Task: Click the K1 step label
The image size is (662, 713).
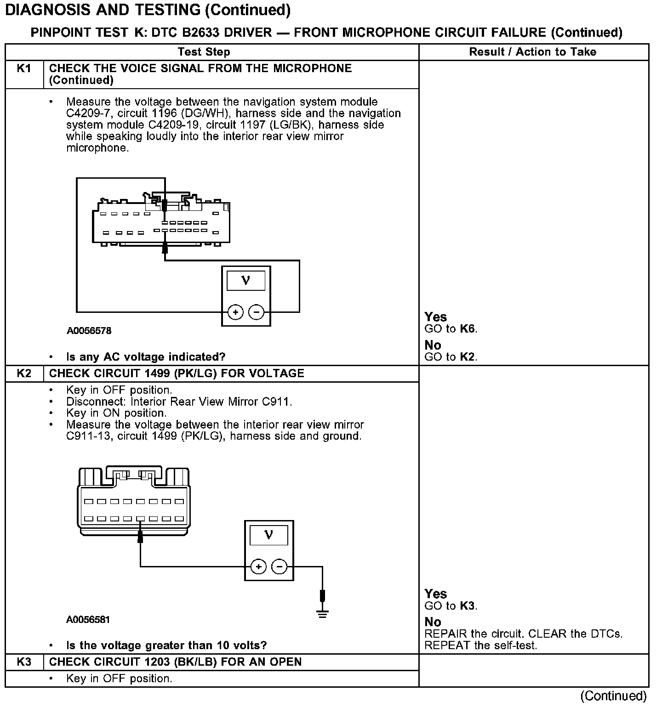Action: [24, 68]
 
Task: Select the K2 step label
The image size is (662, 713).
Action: [24, 373]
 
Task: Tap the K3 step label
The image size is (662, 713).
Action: [24, 662]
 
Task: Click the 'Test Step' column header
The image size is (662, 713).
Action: [204, 52]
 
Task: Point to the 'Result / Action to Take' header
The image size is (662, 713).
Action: [532, 52]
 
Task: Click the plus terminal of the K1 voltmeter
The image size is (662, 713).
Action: [235, 312]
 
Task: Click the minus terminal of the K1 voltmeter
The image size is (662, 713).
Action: [256, 312]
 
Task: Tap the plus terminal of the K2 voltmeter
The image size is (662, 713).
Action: [258, 566]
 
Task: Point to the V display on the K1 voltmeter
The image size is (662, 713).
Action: [246, 280]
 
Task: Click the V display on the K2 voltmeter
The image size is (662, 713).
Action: [269, 535]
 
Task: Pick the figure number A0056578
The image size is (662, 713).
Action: [89, 331]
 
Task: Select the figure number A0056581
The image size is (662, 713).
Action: [88, 619]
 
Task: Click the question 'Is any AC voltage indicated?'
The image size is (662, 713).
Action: [146, 357]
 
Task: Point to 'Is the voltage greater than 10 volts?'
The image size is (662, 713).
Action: [166, 645]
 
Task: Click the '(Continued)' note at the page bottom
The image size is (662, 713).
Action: [613, 696]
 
